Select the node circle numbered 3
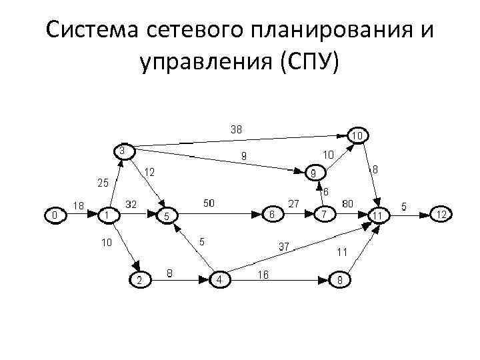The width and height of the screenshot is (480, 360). click(x=123, y=151)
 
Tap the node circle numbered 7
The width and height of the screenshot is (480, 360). click(x=324, y=215)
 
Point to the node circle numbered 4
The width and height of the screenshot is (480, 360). click(x=220, y=279)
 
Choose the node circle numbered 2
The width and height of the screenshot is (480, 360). click(x=139, y=280)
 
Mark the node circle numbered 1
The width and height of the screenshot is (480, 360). click(x=107, y=215)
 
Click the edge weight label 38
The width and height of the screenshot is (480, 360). click(x=237, y=129)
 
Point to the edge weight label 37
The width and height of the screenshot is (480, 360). click(x=283, y=247)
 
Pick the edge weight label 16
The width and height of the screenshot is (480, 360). click(x=263, y=274)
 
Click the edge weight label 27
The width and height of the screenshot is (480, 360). click(x=293, y=203)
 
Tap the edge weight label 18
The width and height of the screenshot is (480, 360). click(x=78, y=207)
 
